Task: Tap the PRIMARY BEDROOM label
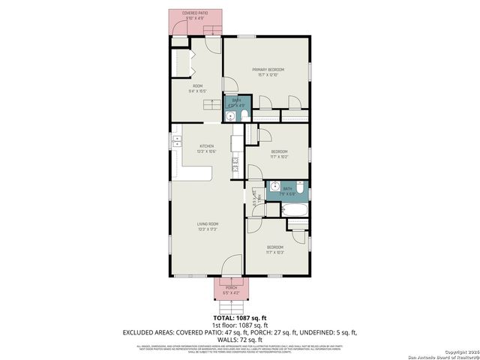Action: point(268,70)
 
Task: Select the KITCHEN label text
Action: point(206,146)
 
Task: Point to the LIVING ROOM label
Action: point(208,223)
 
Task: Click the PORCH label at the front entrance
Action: point(232,286)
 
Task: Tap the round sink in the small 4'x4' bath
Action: point(231,116)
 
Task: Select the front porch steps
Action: point(232,307)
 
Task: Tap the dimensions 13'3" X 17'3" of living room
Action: point(208,229)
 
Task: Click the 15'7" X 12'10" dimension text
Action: point(268,75)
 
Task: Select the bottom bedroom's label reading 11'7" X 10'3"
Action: point(275,252)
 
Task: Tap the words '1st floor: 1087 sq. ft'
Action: point(240,325)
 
